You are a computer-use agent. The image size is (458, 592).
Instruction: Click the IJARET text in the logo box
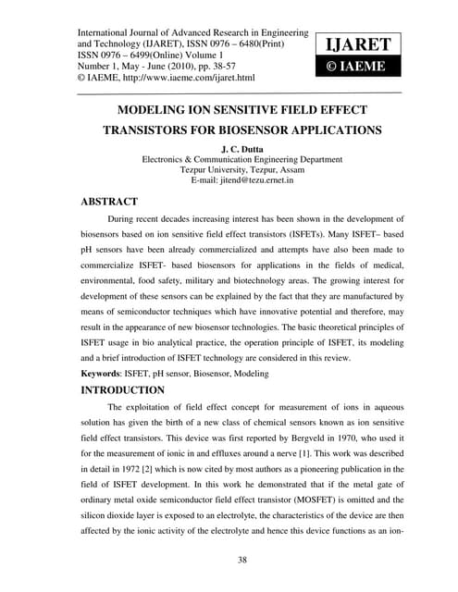click(x=358, y=43)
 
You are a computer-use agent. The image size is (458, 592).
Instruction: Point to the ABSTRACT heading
click(x=109, y=201)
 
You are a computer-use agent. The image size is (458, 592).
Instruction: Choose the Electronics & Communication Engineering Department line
click(x=239, y=158)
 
